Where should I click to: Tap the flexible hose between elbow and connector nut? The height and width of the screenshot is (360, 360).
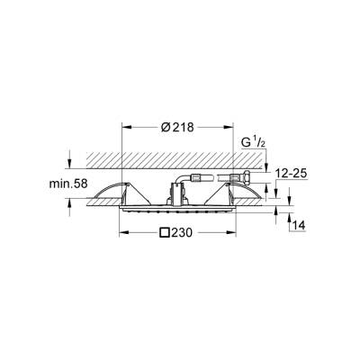point(211,178)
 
